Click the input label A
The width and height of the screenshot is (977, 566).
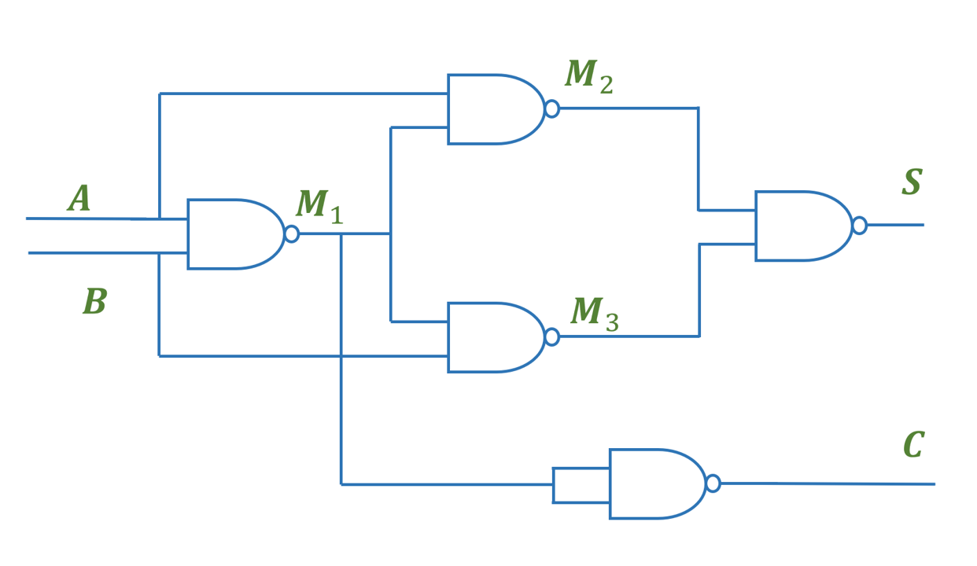click(x=79, y=198)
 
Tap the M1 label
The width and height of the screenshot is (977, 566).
click(x=319, y=207)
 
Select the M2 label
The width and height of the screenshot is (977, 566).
click(x=589, y=77)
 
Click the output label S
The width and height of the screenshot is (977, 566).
click(x=912, y=182)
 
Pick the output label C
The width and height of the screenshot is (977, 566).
click(x=914, y=444)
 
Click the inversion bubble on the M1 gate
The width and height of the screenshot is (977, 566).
click(x=292, y=234)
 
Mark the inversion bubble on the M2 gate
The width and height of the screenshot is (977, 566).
click(x=552, y=109)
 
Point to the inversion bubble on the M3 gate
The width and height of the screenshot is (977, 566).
click(x=552, y=337)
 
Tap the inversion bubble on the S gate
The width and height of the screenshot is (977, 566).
click(x=860, y=226)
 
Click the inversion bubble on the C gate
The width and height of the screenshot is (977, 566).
click(x=713, y=483)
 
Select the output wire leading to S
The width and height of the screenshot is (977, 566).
click(x=896, y=225)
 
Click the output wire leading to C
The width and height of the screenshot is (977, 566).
click(x=828, y=483)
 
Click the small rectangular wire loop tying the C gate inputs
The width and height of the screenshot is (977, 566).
click(x=553, y=485)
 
